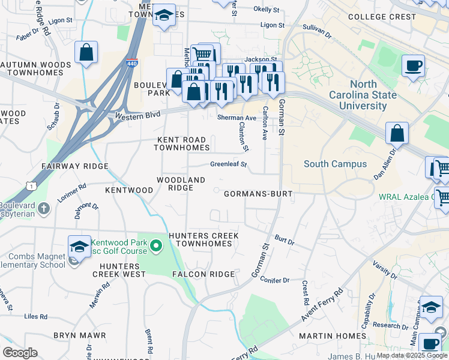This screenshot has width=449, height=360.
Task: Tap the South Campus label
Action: (335, 164)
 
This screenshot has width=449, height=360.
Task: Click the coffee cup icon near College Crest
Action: (413, 66)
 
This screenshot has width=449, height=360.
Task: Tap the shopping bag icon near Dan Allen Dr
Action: (397, 134)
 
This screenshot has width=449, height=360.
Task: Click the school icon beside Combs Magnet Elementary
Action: (79, 247)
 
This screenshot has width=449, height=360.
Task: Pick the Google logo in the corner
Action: (20, 353)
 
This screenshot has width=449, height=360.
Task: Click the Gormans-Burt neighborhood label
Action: (258, 194)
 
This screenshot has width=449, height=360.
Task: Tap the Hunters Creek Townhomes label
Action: (200, 239)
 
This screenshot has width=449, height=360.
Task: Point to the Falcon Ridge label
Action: (203, 274)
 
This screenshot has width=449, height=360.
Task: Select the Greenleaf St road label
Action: (228, 164)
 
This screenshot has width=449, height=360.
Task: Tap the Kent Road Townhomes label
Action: (183, 143)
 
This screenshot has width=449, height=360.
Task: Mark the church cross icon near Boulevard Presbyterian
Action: (43, 209)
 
